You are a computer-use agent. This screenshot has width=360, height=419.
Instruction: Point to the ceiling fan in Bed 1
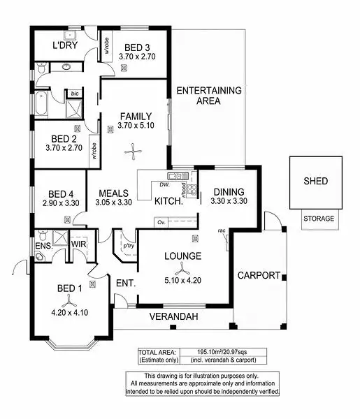(68, 302)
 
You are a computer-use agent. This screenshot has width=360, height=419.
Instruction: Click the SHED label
(315, 182)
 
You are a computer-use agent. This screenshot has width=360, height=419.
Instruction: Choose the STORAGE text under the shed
(318, 219)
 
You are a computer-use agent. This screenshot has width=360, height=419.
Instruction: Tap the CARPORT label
(259, 275)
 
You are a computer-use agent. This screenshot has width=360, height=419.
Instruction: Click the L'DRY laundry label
(65, 47)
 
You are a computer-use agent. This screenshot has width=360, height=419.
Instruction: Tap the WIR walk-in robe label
(78, 246)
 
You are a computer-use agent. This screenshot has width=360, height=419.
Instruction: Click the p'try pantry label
(128, 247)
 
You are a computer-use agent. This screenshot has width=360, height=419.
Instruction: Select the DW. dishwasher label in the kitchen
(164, 185)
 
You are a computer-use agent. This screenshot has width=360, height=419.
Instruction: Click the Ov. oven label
(161, 223)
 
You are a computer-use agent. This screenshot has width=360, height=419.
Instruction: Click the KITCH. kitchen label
(168, 201)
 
